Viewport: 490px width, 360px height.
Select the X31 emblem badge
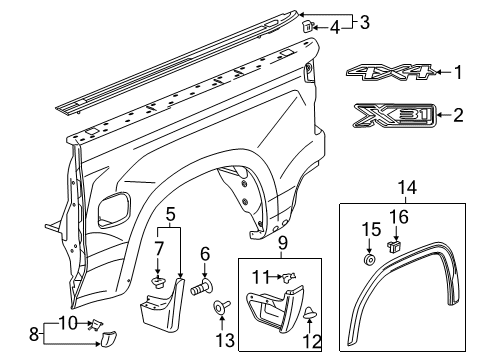point(390,116)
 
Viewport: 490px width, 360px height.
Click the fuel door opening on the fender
point(116,209)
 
